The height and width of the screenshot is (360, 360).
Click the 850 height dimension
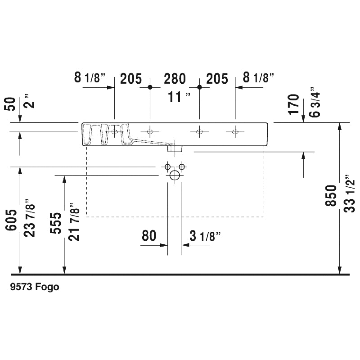(x=331, y=195)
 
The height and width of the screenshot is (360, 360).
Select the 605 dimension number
(x=11, y=220)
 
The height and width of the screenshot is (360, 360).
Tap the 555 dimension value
(x=56, y=223)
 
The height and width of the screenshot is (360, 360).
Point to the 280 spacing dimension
(x=175, y=79)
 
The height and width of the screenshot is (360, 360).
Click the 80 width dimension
(x=149, y=235)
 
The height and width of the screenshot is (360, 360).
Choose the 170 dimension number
(x=294, y=104)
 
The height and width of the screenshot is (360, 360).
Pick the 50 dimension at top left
(x=10, y=104)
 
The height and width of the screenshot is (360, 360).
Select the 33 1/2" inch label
(x=350, y=197)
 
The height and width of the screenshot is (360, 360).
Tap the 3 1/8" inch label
(x=205, y=236)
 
